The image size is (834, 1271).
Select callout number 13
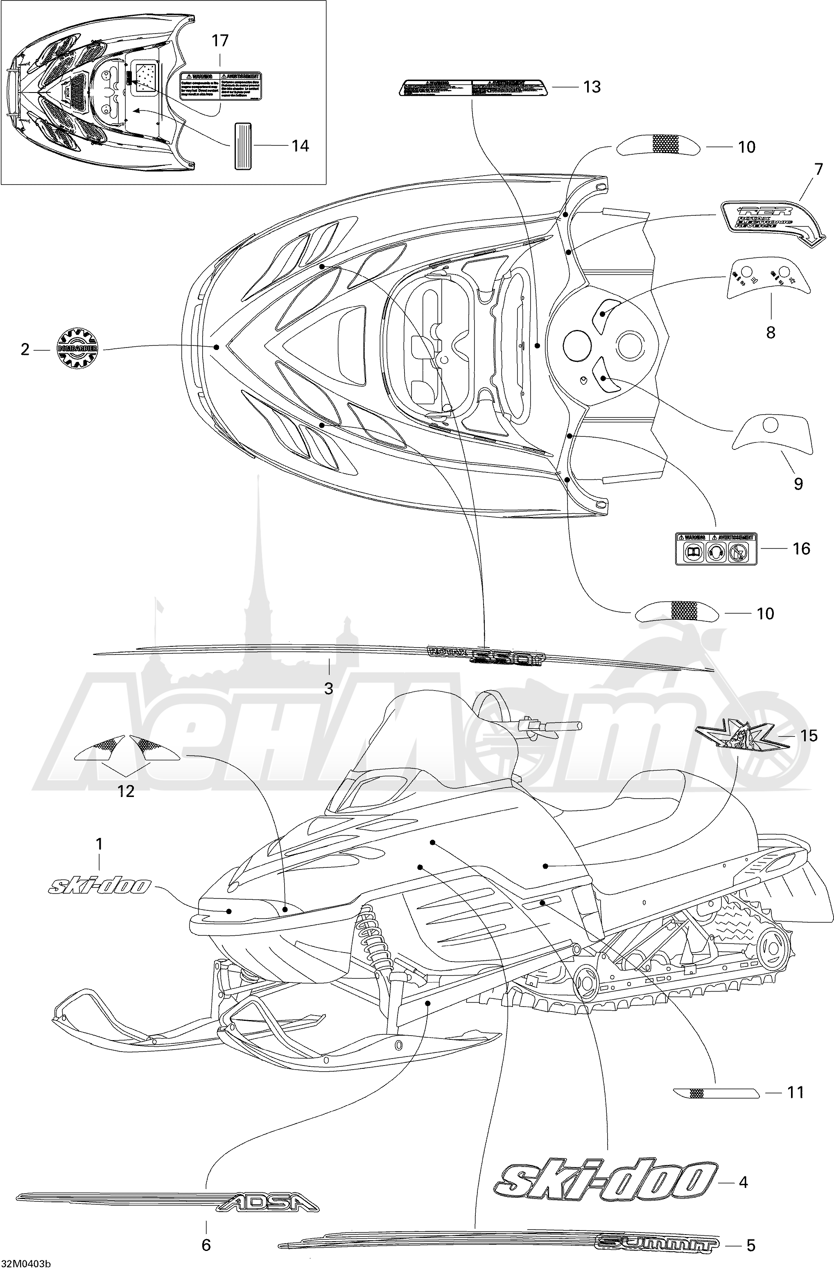(592, 86)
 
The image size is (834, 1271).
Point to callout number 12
(126, 791)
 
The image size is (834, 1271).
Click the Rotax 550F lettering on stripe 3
(485, 657)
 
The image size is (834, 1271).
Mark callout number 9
(798, 484)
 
